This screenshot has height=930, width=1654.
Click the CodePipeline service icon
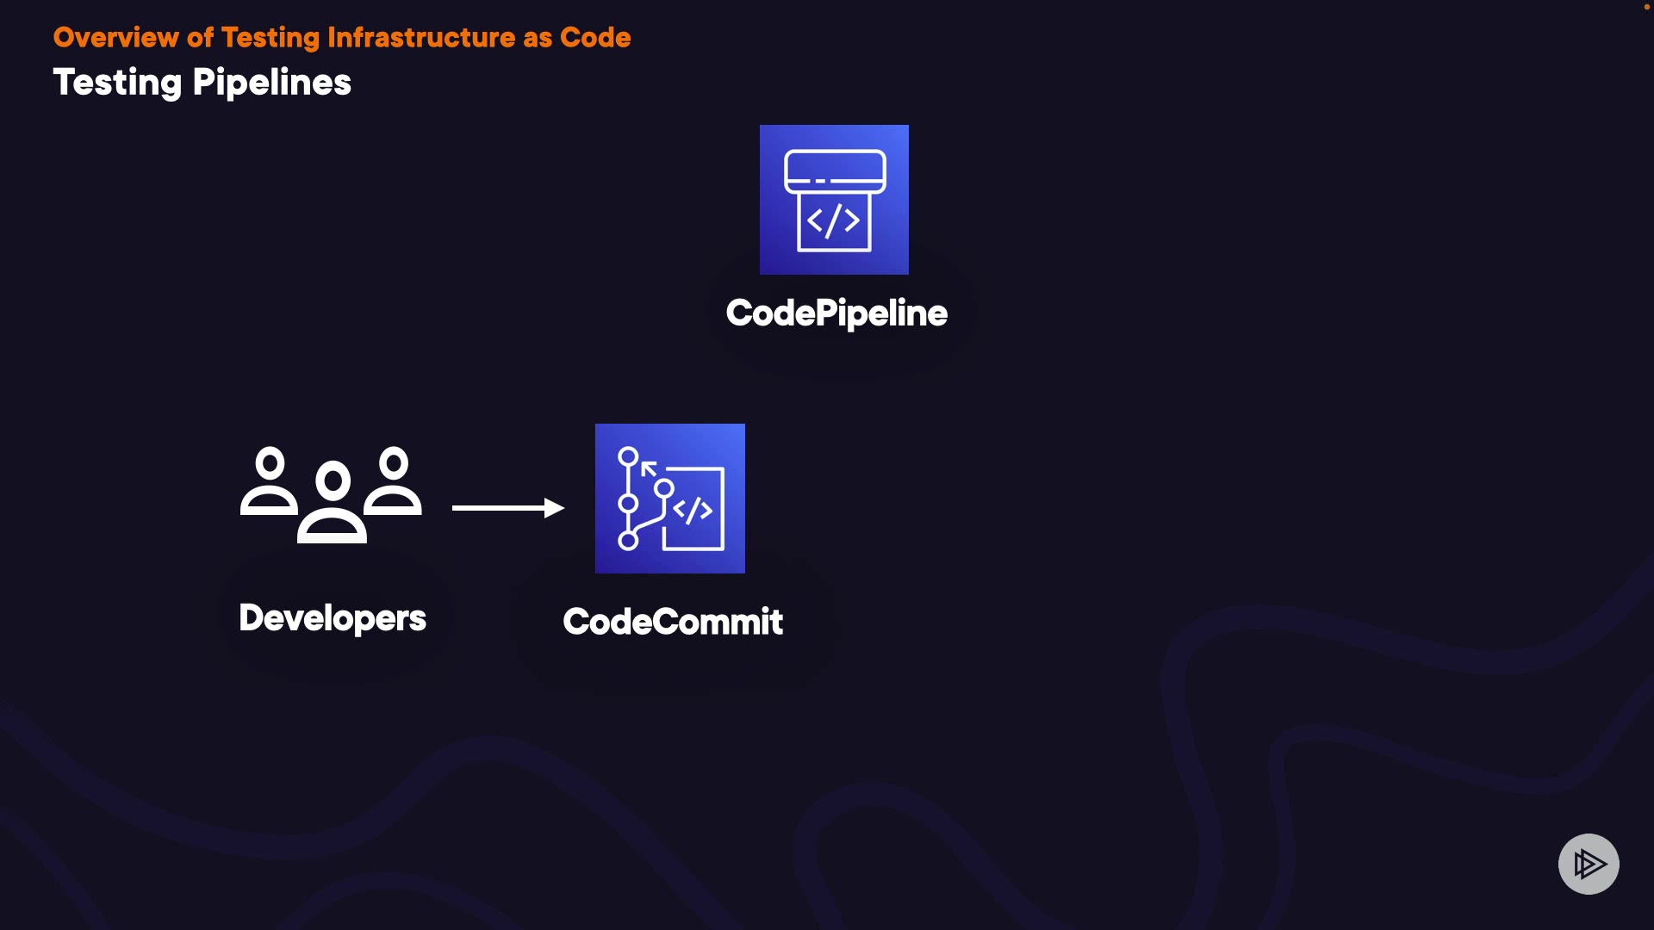(x=834, y=200)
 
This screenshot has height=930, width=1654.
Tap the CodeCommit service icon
(x=670, y=499)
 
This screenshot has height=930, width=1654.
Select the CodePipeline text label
(x=836, y=313)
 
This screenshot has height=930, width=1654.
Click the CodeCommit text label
(x=673, y=622)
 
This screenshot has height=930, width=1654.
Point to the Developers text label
(x=333, y=618)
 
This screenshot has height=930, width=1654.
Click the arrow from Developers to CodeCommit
(x=500, y=508)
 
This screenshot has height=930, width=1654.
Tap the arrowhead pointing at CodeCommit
(x=555, y=508)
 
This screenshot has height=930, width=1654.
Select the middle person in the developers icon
(x=333, y=504)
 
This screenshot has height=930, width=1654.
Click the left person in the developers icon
(x=270, y=482)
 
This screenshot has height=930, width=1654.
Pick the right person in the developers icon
(x=394, y=482)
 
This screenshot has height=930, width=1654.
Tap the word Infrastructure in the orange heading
(x=421, y=38)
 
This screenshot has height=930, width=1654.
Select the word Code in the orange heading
(x=595, y=38)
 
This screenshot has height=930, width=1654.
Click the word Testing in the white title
(x=117, y=84)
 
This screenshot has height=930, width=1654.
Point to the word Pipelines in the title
(x=272, y=84)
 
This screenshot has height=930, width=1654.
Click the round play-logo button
(x=1589, y=864)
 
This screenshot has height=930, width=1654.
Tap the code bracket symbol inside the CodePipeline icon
(x=833, y=221)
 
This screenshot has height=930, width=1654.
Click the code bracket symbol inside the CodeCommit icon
(x=693, y=511)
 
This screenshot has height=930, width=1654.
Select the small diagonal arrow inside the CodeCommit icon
(x=650, y=469)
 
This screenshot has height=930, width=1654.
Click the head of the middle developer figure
(x=333, y=480)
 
